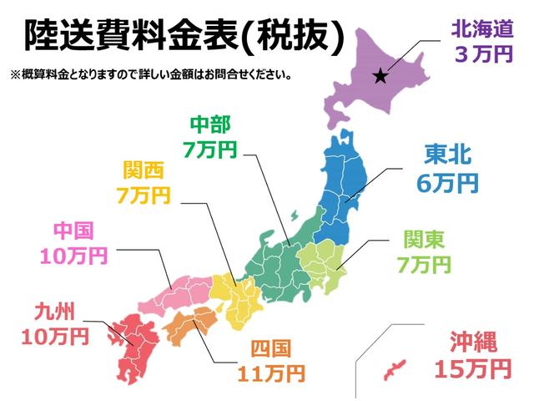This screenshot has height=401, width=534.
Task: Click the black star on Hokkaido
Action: point(380,77)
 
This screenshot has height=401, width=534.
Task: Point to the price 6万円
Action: point(447,181)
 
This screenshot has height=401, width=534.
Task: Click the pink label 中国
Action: point(73,230)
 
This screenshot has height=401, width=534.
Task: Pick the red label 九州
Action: point(55,312)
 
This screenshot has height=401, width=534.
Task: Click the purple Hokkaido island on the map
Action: point(367,75)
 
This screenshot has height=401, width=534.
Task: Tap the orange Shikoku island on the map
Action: point(194,320)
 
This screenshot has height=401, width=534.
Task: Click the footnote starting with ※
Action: point(150,74)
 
